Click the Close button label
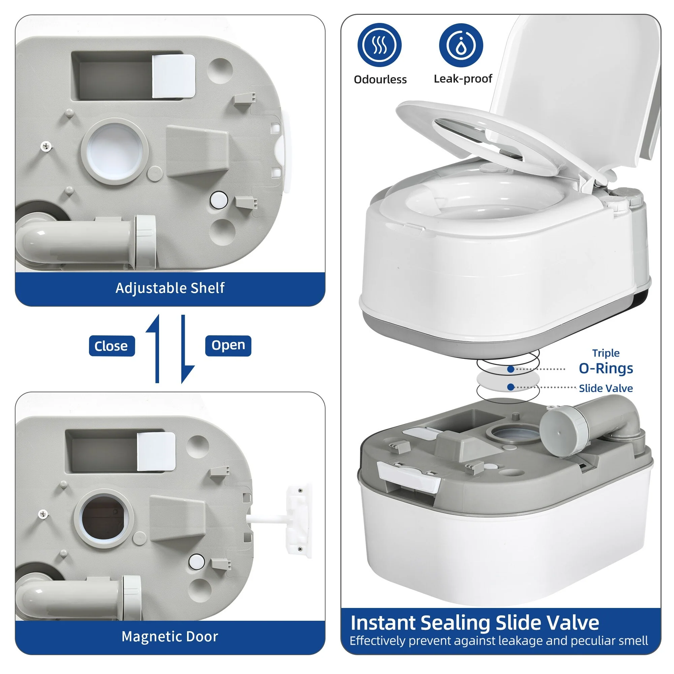coord(112,346)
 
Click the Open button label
coord(228,345)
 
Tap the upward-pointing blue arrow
coord(154,349)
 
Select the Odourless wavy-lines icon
coord(379,45)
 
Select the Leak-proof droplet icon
coord(461,45)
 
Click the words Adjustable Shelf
coord(170,288)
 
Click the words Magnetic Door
coord(170,636)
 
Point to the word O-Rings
coord(606,368)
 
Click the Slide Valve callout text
coord(606,388)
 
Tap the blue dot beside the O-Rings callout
coord(511,369)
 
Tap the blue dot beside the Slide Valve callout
coord(511,387)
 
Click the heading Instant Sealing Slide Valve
coord(475,623)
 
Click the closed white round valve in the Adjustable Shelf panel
coord(115,151)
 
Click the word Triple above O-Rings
coord(606,353)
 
